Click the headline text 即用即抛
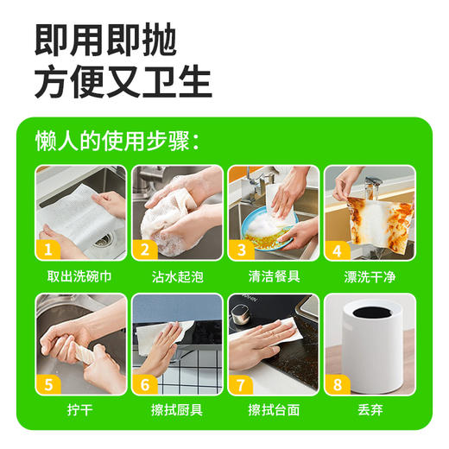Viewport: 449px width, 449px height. tap(105, 39)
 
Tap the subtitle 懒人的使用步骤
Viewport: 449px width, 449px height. tap(117, 141)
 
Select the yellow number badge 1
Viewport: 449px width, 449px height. tap(48, 250)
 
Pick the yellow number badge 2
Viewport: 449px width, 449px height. tap(144, 250)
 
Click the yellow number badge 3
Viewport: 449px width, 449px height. tap(241, 250)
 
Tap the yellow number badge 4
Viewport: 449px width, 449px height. tap(338, 250)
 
